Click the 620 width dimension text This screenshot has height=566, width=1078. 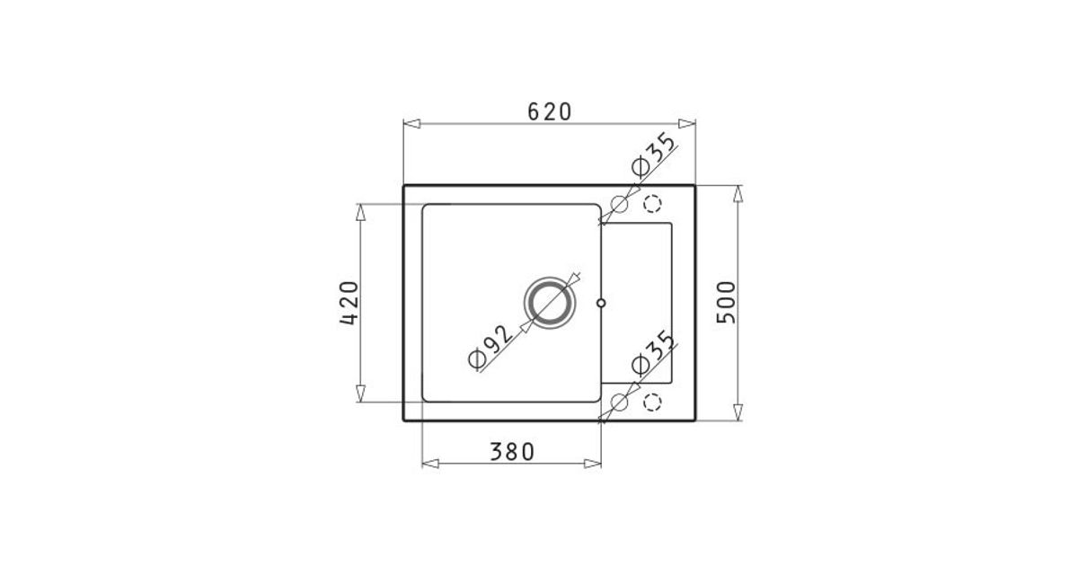(x=549, y=112)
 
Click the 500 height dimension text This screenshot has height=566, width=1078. (x=726, y=302)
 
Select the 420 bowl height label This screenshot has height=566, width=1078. (x=349, y=303)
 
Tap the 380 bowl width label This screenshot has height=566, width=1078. (x=512, y=452)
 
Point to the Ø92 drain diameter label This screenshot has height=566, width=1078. (x=490, y=347)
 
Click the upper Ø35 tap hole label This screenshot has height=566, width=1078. (x=653, y=154)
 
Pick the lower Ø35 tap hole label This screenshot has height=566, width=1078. (x=654, y=352)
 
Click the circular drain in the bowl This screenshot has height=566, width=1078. (x=550, y=303)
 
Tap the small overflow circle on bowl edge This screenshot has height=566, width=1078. (x=601, y=303)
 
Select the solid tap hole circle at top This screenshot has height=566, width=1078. (x=619, y=205)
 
